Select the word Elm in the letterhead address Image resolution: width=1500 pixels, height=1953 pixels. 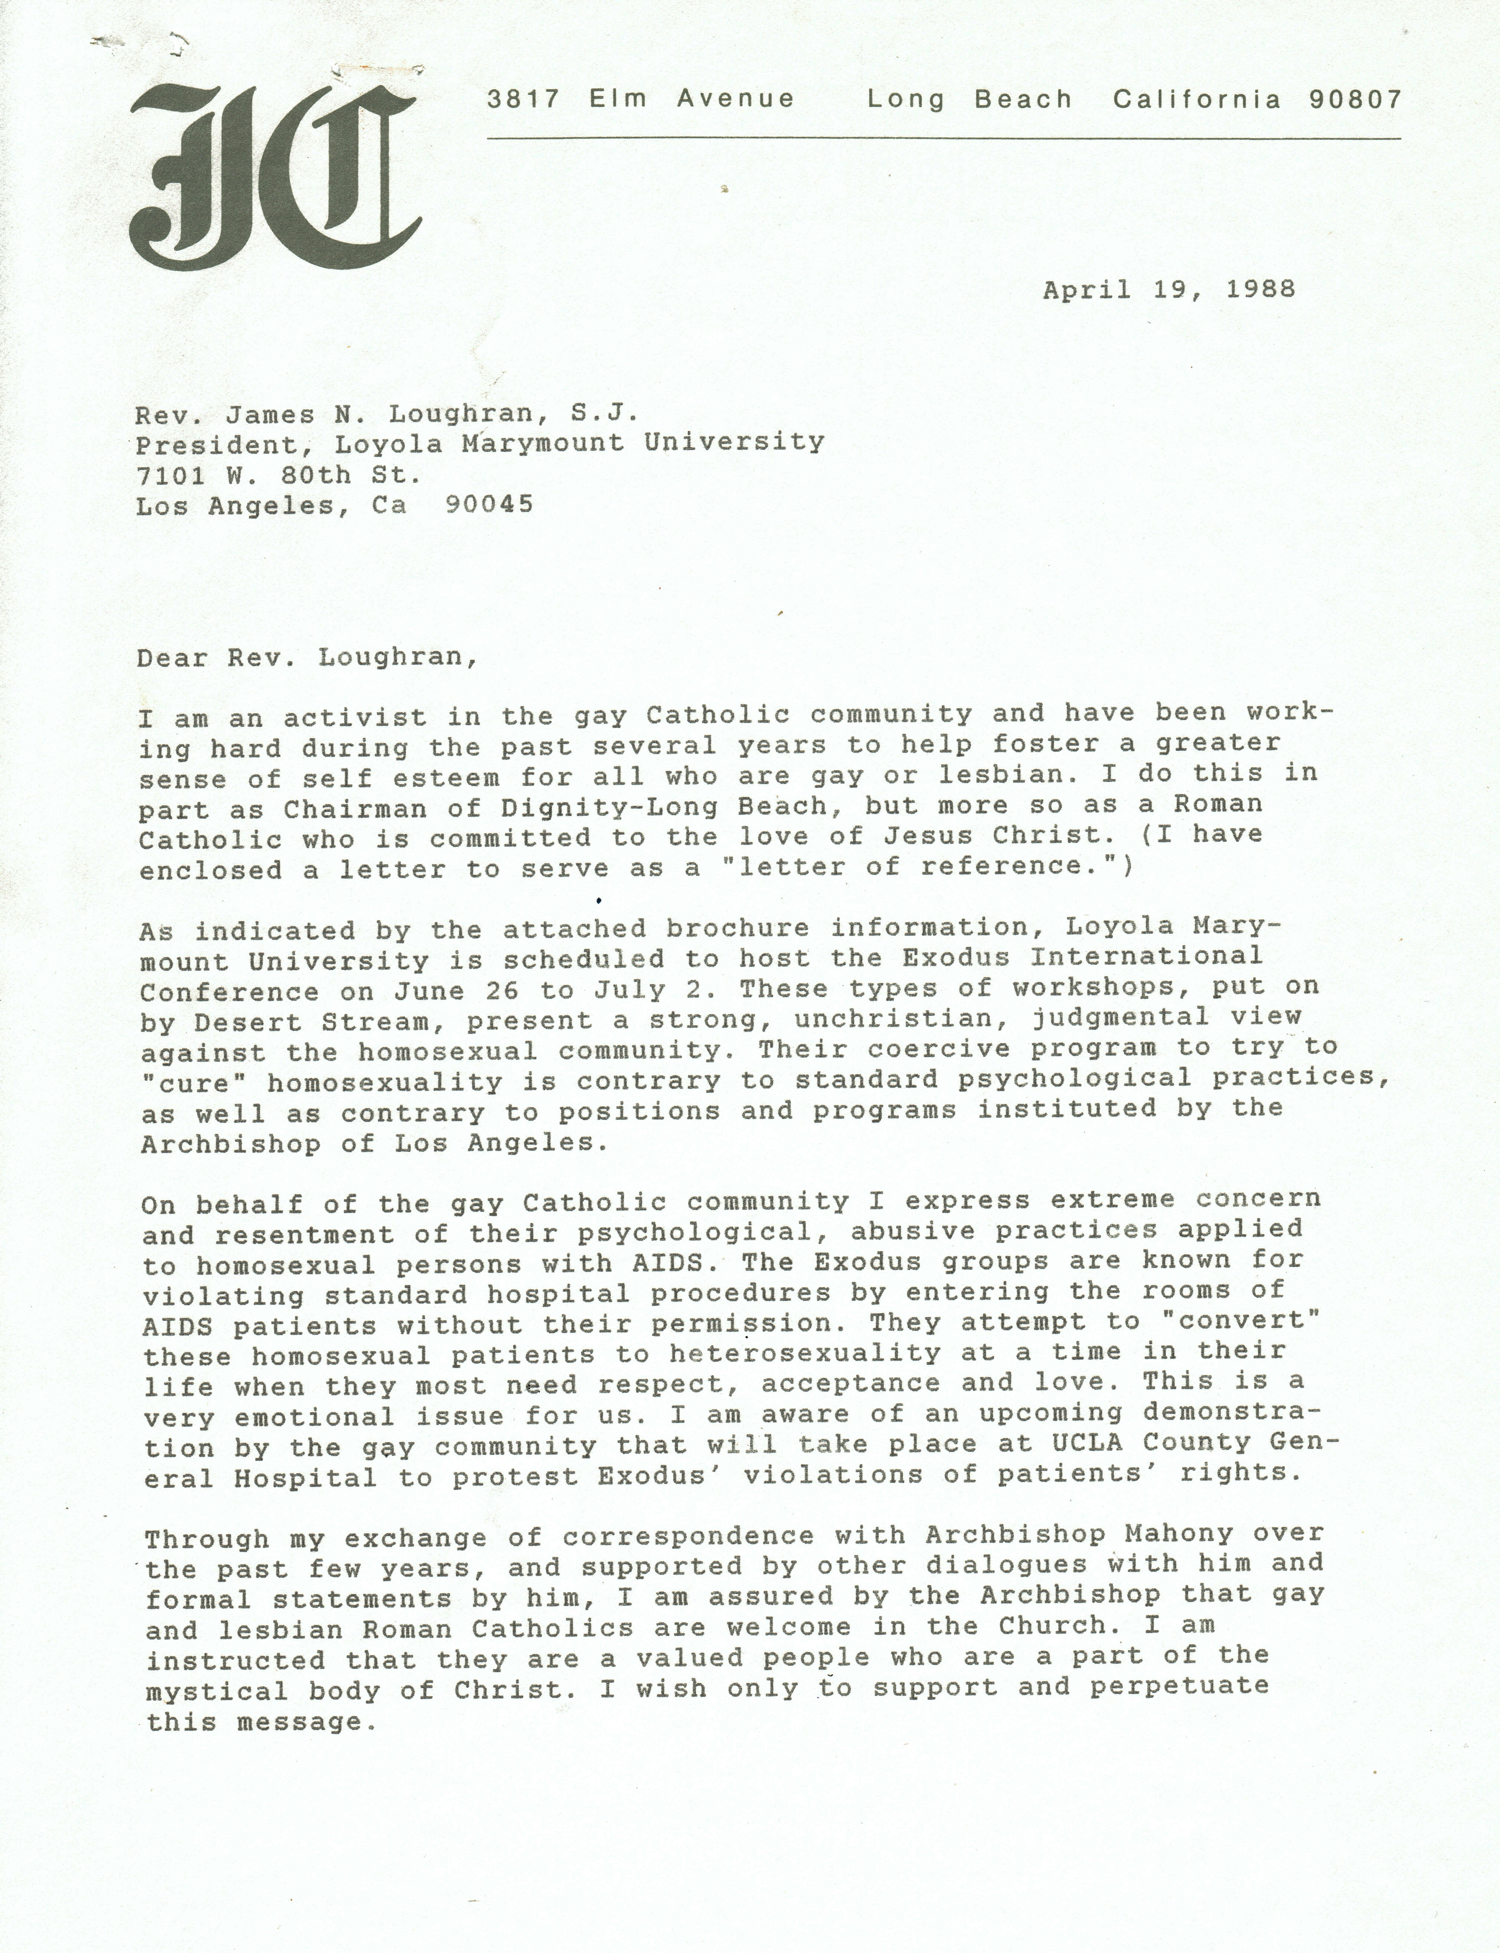click(618, 99)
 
